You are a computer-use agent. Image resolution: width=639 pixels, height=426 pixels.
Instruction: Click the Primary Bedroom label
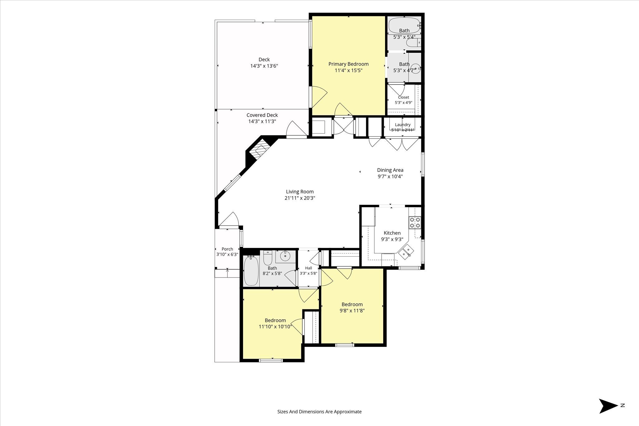tap(348, 64)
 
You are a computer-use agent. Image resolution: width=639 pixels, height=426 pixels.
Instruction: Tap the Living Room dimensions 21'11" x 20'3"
tap(300, 198)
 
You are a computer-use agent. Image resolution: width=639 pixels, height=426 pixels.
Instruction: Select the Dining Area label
tap(390, 170)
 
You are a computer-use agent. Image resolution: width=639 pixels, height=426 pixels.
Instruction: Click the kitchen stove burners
tap(415, 222)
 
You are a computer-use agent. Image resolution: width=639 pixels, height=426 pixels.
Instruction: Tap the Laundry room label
tap(402, 125)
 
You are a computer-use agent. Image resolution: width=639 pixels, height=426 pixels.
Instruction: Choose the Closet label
tap(403, 97)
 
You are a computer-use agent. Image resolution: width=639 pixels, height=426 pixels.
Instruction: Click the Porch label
tap(227, 249)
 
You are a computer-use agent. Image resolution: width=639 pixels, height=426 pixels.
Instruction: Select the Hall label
tap(308, 268)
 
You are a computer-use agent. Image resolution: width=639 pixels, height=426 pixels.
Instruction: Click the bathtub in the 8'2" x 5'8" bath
tap(251, 271)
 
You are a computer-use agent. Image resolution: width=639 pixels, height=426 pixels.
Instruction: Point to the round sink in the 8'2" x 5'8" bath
tap(285, 256)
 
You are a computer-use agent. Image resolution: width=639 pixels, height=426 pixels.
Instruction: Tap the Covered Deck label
tap(262, 115)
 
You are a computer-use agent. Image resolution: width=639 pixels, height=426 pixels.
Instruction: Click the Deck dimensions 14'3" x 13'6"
tap(264, 66)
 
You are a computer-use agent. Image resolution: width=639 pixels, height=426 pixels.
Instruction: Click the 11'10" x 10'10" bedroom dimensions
tap(275, 327)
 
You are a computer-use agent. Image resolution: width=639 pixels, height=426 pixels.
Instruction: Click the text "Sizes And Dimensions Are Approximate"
tap(319, 412)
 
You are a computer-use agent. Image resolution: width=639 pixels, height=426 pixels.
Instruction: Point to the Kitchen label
tap(392, 233)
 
